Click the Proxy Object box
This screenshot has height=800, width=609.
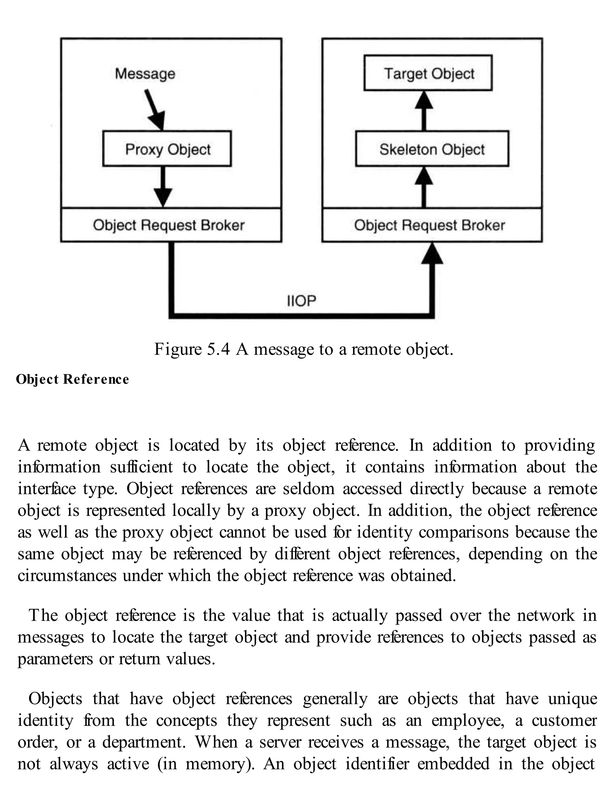pos(167,149)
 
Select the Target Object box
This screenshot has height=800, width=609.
pos(428,73)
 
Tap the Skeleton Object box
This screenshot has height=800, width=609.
pos(432,149)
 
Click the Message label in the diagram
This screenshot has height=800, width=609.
pos(145,73)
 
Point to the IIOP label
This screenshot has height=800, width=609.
pos(302,300)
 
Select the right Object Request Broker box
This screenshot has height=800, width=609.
pos(432,225)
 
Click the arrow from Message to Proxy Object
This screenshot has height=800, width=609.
pos(155,109)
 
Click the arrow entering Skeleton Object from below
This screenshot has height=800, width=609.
pos(424,187)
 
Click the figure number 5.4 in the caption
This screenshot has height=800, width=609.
pos(218,349)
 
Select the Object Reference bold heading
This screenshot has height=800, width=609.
pos(73,379)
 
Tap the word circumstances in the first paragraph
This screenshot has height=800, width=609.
pos(67,576)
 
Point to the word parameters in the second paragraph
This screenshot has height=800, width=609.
pos(55,659)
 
